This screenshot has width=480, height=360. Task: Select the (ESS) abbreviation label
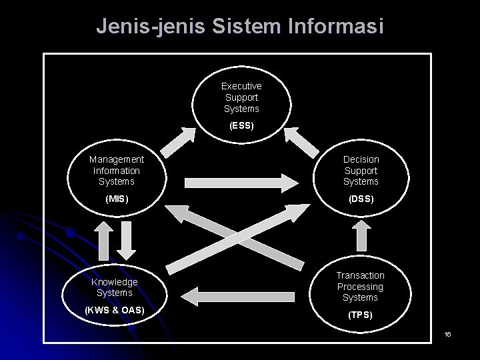pos(241,125)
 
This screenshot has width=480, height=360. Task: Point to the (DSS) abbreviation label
pos(360,199)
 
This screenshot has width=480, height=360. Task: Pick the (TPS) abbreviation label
pos(360,315)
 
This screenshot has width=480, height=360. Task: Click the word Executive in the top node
pos(241,86)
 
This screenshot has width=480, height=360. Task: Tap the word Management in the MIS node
pos(116,159)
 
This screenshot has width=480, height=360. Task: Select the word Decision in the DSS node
pos(361,159)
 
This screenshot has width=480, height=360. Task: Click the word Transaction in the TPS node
pos(360,275)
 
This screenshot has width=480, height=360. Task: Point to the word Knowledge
pos(115,282)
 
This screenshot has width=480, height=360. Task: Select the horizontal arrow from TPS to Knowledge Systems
pos(241,292)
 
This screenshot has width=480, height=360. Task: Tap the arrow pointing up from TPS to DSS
pos(361,235)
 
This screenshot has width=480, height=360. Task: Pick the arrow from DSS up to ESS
pos(304,139)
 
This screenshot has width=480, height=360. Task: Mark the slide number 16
pos(447,333)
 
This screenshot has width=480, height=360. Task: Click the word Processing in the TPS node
pos(360,287)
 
